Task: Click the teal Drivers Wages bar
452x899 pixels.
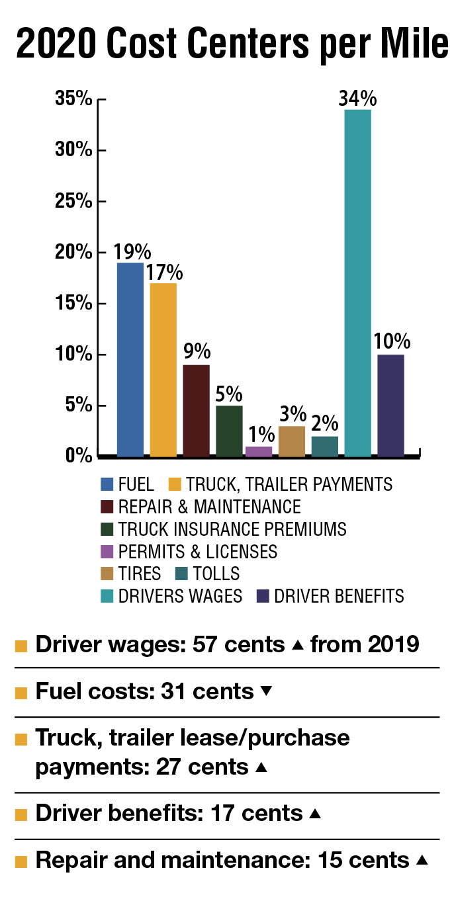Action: coord(357,283)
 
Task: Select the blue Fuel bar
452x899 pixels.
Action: coord(130,359)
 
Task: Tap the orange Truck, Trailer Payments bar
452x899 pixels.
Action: coord(163,369)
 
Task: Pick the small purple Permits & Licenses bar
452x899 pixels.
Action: coord(259,451)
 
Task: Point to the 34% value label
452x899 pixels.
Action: coord(357,99)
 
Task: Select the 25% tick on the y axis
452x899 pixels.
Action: coord(73,201)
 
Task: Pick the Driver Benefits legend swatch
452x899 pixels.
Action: coord(263,596)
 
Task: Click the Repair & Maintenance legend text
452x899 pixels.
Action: coord(209,507)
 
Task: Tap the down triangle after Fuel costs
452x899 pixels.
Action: coord(267,691)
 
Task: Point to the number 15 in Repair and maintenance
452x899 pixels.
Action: coord(330,860)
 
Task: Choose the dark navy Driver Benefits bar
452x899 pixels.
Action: coord(390,405)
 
